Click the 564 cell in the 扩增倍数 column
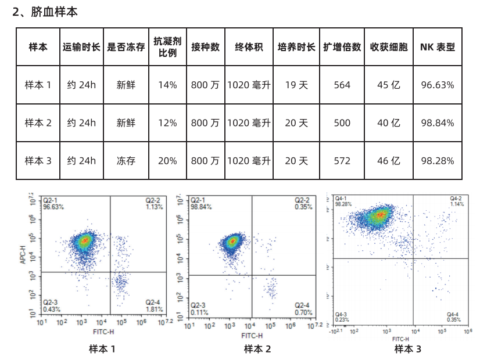342,85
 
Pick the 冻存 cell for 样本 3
126,161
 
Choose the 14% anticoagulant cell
168,85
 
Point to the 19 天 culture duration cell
296,85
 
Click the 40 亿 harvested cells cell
389,123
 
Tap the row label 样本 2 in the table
38,123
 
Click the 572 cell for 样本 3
342,161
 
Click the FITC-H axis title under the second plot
252,336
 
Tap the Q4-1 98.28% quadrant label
345,201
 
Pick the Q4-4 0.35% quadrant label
453,317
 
